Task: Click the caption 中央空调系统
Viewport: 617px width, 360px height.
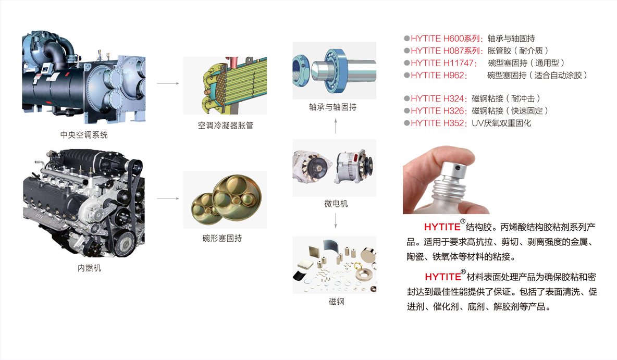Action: coord(84,135)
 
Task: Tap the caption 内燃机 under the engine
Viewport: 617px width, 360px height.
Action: coord(89,268)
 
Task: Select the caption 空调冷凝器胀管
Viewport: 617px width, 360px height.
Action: coord(226,126)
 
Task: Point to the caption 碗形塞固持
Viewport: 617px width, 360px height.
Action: coord(222,238)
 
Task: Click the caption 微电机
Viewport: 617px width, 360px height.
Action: coord(336,203)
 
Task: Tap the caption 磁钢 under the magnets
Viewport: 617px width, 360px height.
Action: coord(337,301)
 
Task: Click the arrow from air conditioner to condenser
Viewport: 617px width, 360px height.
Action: coord(168,83)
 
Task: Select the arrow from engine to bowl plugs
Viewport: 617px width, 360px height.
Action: coord(168,198)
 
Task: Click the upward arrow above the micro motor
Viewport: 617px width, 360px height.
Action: coord(336,126)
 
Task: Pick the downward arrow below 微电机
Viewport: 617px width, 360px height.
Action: coord(336,220)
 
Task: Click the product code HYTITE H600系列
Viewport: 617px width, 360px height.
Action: coord(445,39)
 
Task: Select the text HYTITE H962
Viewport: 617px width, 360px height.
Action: coord(437,75)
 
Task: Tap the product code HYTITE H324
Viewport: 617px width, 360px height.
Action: coord(437,98)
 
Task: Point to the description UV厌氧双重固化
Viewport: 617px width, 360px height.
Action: coord(501,123)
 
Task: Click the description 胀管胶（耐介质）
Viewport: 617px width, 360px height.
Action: coord(518,51)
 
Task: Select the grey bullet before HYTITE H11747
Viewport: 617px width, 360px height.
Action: coord(407,63)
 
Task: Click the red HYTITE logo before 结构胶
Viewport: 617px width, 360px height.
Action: coord(442,227)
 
